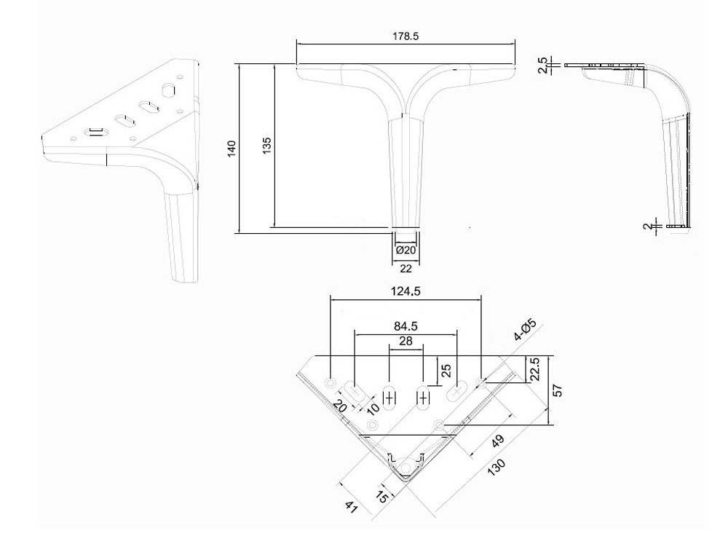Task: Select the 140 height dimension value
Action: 232,149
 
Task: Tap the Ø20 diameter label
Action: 405,250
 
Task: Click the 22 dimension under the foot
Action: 406,267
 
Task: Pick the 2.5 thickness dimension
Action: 541,66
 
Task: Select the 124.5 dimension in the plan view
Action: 406,290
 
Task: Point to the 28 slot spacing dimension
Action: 406,342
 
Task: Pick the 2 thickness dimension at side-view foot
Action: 647,226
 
